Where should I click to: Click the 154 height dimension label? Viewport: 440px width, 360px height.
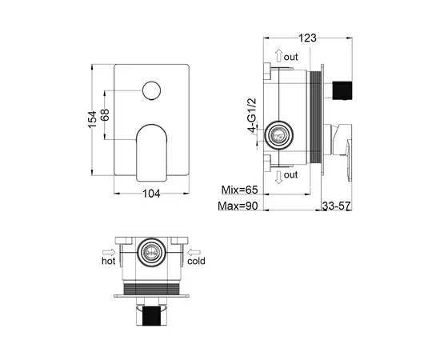(x=93, y=120)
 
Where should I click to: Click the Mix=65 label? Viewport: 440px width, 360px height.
(x=240, y=190)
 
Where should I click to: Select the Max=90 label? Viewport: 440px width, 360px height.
(x=239, y=207)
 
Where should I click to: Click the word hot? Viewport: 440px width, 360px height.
(x=109, y=261)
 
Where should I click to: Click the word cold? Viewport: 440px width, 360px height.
(x=197, y=261)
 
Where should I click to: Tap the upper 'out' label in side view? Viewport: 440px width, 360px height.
(x=290, y=57)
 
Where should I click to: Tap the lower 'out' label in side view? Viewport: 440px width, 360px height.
(x=290, y=175)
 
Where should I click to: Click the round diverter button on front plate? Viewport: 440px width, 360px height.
(x=150, y=92)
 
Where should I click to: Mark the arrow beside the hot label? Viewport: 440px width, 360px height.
(x=108, y=249)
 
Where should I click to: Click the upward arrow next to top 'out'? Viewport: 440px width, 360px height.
(x=277, y=57)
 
